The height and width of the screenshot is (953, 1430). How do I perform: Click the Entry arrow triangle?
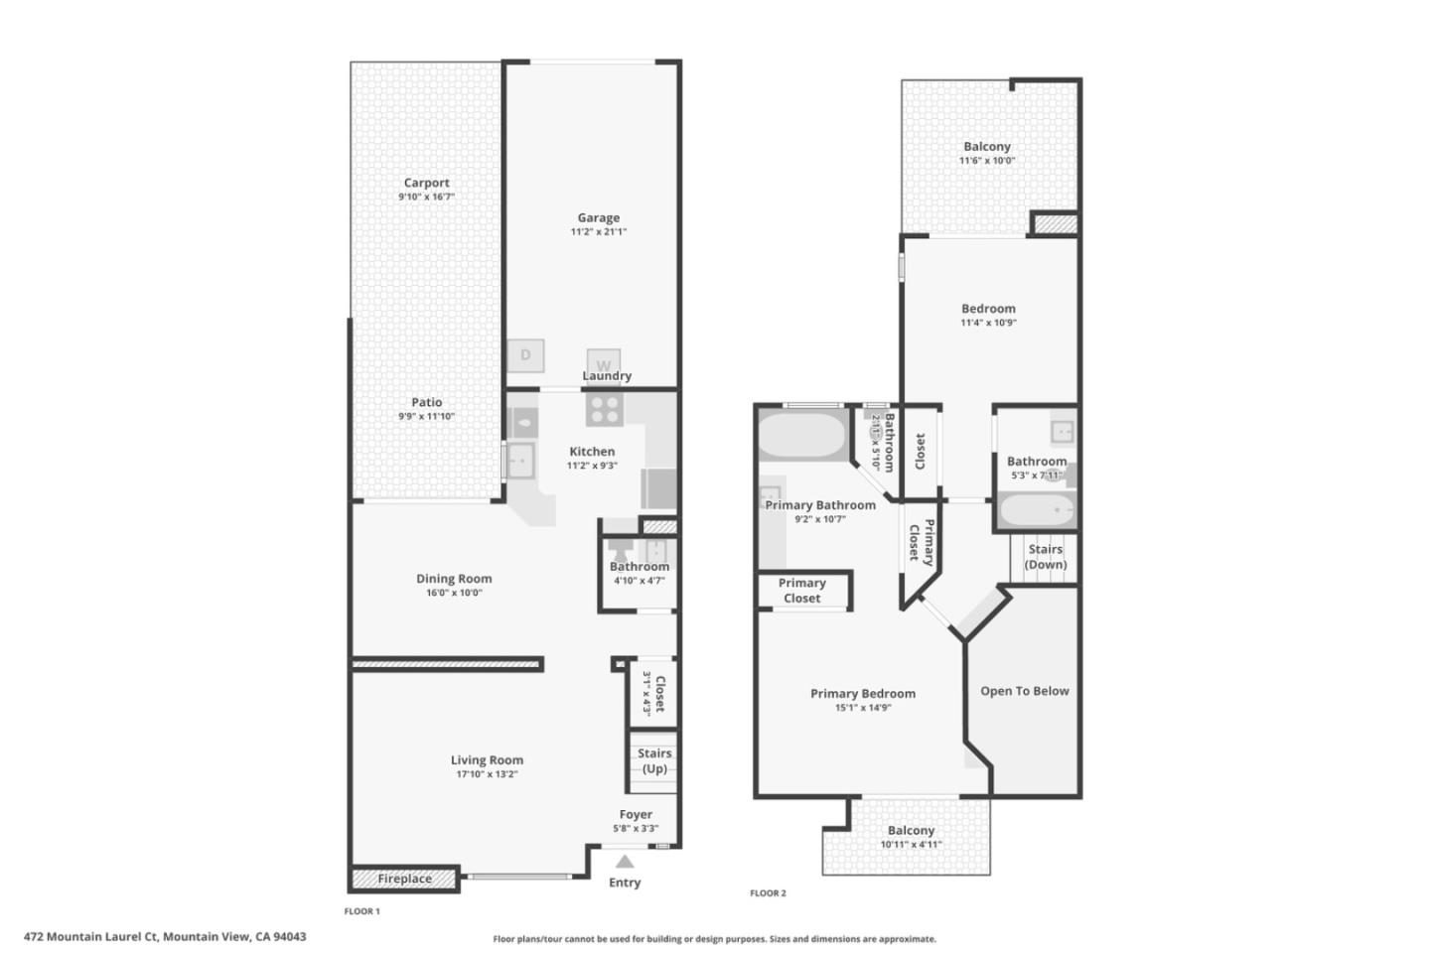624,862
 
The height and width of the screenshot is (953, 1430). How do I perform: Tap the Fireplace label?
404,879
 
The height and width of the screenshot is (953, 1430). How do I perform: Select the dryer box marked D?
525,354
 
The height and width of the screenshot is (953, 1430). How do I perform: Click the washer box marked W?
603,363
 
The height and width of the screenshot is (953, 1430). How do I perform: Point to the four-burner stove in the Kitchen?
604,409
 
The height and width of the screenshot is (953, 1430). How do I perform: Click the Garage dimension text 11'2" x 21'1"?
598,232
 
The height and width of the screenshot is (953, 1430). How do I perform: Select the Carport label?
426,183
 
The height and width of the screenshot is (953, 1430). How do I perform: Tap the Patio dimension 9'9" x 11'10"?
426,417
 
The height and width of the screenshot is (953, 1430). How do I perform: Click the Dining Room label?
454,579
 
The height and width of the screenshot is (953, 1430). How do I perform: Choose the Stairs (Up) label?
654,761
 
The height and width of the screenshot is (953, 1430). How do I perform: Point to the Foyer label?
636,814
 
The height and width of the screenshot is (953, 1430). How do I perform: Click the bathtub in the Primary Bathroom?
801,435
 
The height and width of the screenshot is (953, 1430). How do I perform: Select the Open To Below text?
1024,691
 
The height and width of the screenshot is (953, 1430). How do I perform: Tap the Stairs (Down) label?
1045,557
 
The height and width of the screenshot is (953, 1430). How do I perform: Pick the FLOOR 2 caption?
768,893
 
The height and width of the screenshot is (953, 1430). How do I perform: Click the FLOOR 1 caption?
361,911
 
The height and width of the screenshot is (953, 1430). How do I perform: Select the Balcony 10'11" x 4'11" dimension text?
911,845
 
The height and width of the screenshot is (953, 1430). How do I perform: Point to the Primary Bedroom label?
862,694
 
